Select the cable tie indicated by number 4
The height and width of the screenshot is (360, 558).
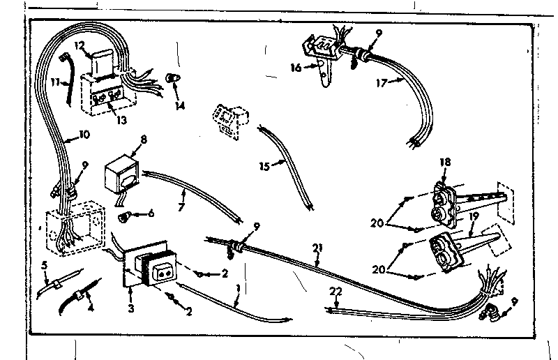pyautogui.click(x=79, y=300)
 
